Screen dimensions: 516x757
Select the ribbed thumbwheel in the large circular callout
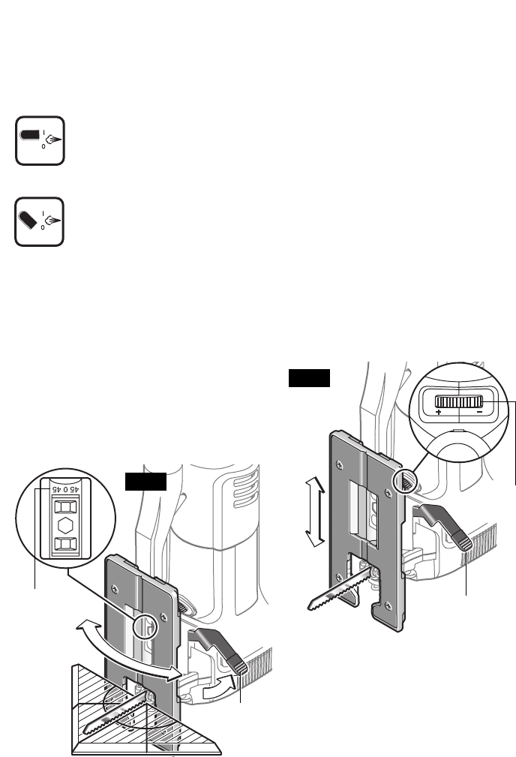(458, 401)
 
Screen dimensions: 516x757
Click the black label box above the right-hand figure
(308, 378)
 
